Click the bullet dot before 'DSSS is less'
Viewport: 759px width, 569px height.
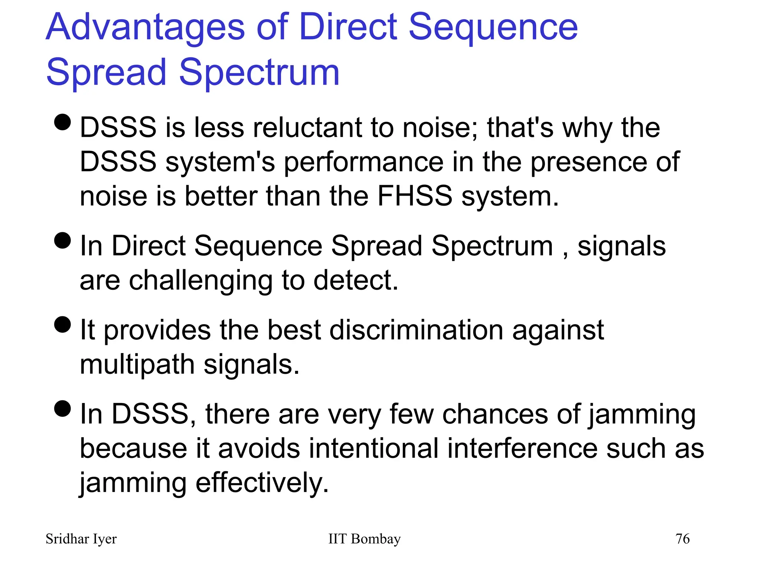pyautogui.click(x=62, y=122)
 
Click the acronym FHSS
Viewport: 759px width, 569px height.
pyautogui.click(x=415, y=196)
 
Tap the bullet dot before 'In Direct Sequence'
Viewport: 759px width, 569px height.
pyautogui.click(x=62, y=241)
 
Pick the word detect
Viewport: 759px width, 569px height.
pyautogui.click(x=355, y=280)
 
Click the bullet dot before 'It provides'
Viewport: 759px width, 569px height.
pyautogui.click(x=62, y=325)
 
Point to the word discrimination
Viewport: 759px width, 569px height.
pyautogui.click(x=416, y=330)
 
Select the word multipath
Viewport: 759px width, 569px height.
pyautogui.click(x=137, y=365)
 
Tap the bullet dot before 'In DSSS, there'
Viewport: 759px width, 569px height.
pyautogui.click(x=62, y=409)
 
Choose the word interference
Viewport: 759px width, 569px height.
pyautogui.click(x=522, y=449)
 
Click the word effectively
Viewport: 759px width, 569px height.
pyautogui.click(x=262, y=483)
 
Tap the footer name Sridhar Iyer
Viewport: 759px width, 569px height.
pyautogui.click(x=81, y=539)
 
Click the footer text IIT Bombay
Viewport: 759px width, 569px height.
pyautogui.click(x=364, y=539)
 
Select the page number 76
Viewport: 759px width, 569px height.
pyautogui.click(x=683, y=539)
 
